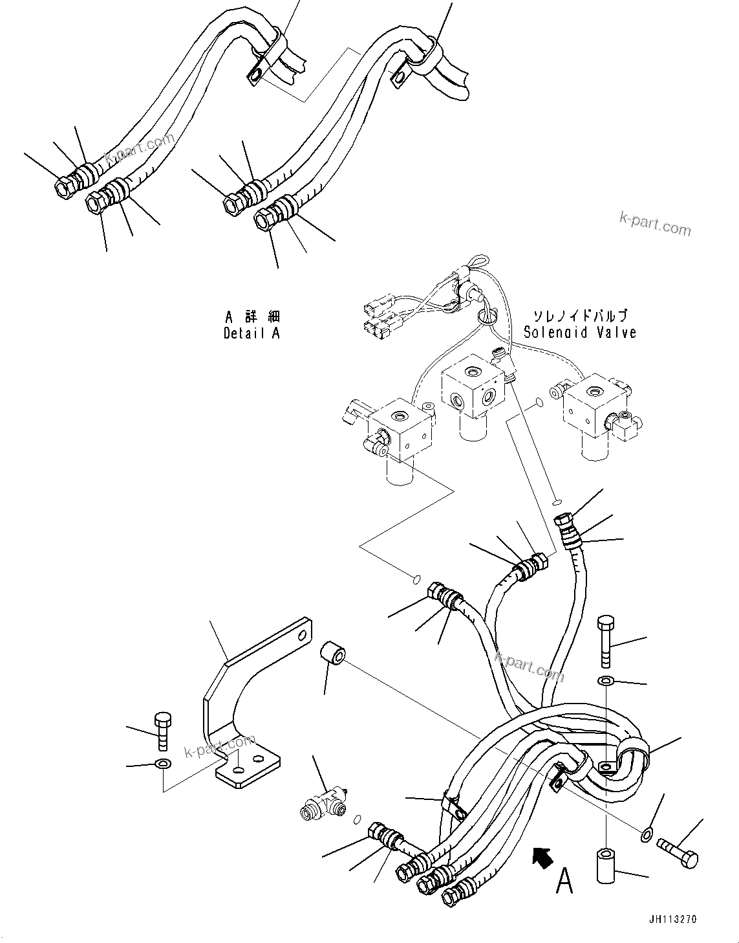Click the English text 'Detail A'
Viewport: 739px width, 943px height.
[x=252, y=334]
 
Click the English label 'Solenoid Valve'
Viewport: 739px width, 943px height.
[x=579, y=333]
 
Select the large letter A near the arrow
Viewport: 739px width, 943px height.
[x=564, y=881]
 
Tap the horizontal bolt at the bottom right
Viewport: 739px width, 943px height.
[x=677, y=852]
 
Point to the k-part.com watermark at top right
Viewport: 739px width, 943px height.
[x=654, y=224]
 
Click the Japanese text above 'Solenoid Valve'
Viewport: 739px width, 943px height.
[x=579, y=316]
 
